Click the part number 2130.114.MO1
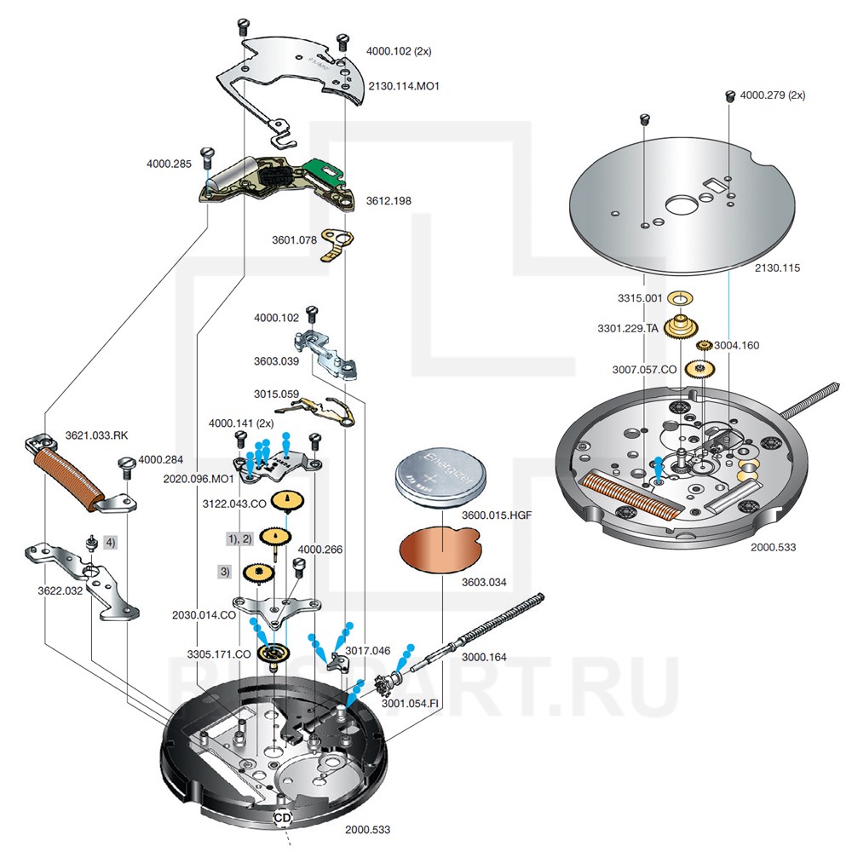coord(404,86)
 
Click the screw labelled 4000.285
coord(207,155)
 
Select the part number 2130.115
coord(778,268)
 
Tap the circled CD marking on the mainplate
coord(282,817)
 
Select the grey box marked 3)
coord(225,572)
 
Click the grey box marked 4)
coord(110,541)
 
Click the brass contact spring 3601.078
coord(337,248)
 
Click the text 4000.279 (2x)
coord(773,95)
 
